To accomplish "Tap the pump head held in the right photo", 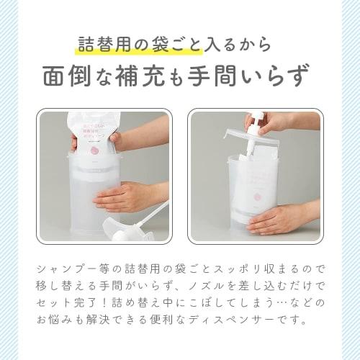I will pyautogui.click(x=256, y=122).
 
